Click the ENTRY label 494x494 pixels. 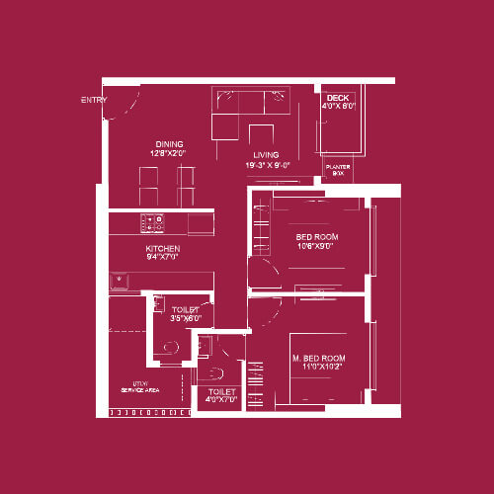94,100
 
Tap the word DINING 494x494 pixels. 169,144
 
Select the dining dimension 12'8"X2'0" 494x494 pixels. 169,154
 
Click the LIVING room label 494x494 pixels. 266,155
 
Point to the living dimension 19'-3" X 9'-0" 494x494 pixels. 267,166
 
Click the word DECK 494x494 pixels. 337,98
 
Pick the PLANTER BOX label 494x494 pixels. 338,170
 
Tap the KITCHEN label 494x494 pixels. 162,248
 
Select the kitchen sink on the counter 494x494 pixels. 122,282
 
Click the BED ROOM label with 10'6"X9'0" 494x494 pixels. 317,237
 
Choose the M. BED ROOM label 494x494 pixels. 318,357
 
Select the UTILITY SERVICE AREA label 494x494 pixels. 140,388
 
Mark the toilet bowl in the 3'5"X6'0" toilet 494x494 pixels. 170,347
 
